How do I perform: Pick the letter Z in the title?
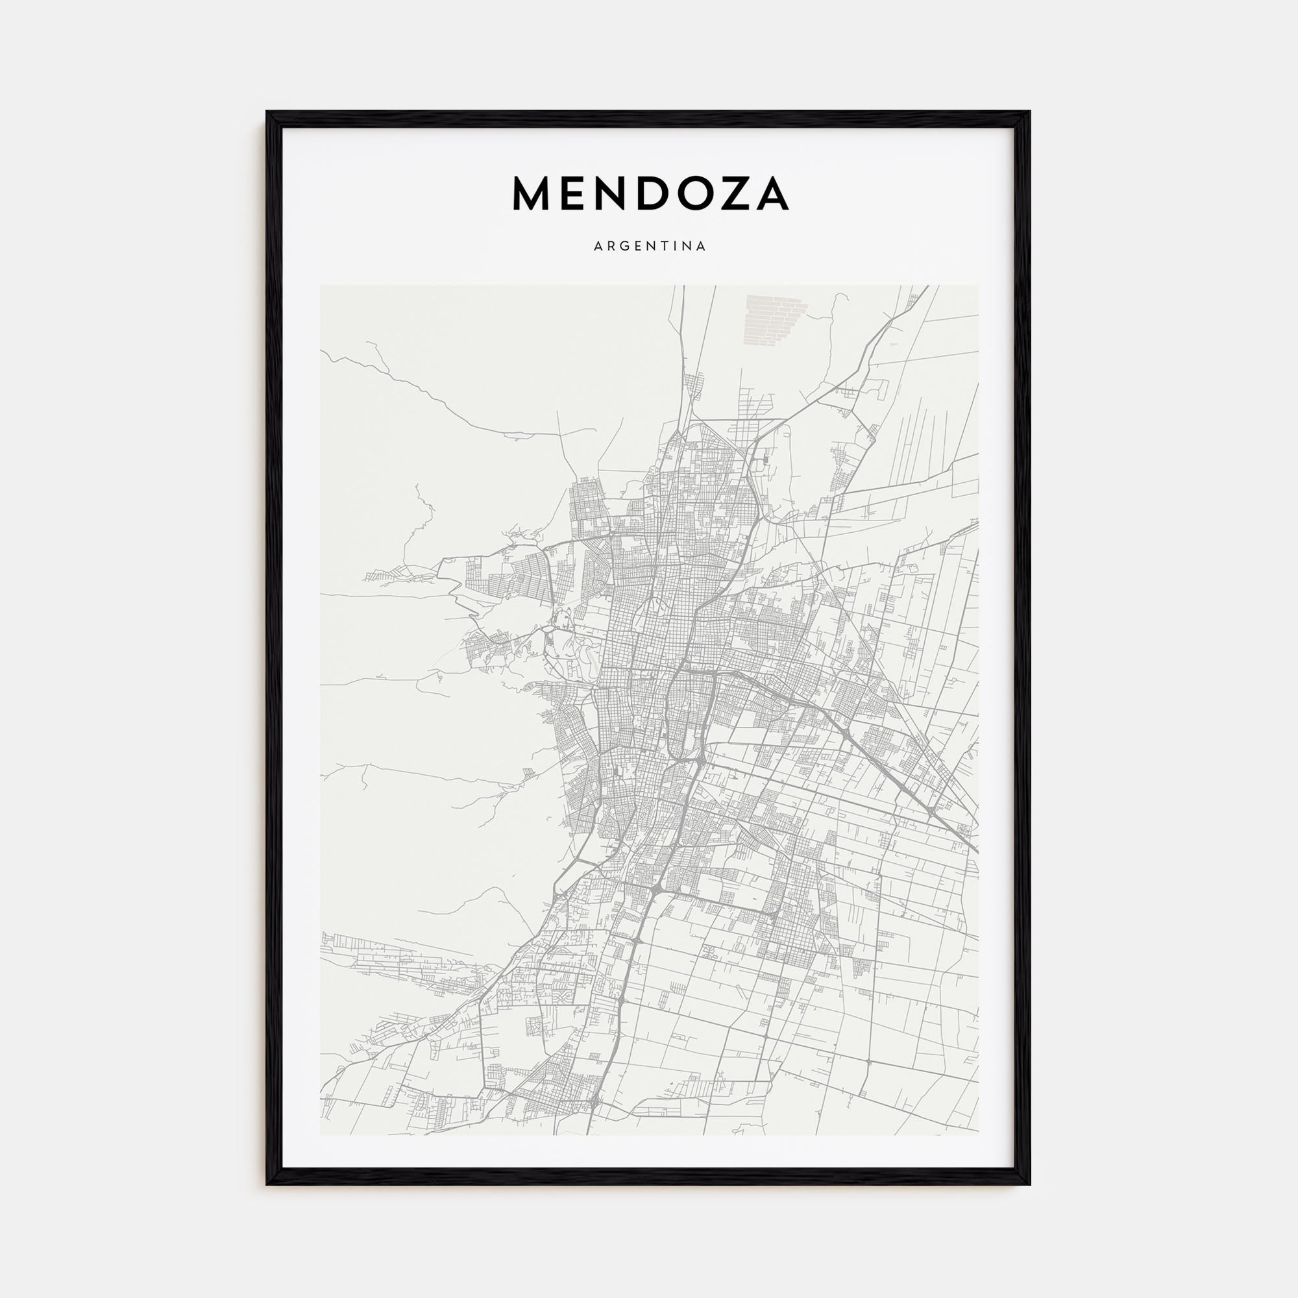point(736,194)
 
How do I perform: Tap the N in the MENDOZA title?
point(611,194)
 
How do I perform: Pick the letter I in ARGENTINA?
point(672,247)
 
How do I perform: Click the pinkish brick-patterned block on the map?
point(775,321)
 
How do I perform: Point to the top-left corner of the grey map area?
point(321,286)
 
